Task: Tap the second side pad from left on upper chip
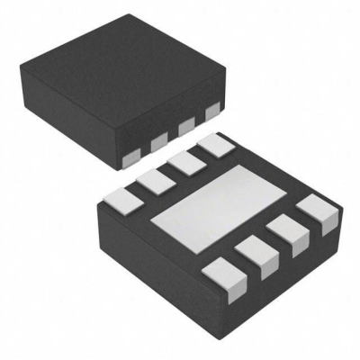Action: pyautogui.click(x=159, y=142)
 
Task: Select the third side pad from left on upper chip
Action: pyautogui.click(x=187, y=127)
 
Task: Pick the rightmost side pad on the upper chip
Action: pyautogui.click(x=212, y=112)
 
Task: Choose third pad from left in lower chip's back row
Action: pyautogui.click(x=185, y=162)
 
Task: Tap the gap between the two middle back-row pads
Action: pyautogui.click(x=171, y=171)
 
